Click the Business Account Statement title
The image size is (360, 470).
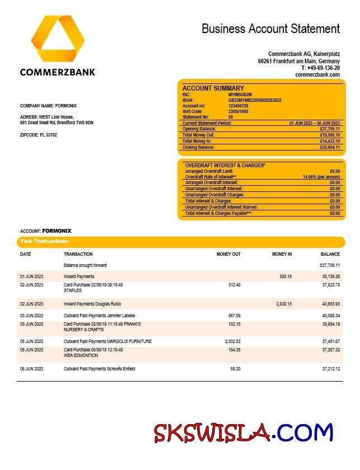click(x=270, y=29)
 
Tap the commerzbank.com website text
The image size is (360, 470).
click(x=317, y=74)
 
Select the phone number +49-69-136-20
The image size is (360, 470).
click(x=320, y=68)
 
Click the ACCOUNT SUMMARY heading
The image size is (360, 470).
click(x=213, y=88)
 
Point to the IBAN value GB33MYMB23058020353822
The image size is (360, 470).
click(x=255, y=100)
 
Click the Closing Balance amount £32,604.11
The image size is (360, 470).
click(x=330, y=147)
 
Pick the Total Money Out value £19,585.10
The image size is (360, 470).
click(x=330, y=135)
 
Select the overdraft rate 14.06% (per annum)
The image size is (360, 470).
click(x=321, y=177)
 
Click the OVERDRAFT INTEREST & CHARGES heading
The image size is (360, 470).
click(x=225, y=166)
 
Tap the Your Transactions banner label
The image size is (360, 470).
click(x=44, y=241)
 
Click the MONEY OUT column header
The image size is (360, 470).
click(x=228, y=254)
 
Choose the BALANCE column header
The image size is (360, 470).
click(x=330, y=254)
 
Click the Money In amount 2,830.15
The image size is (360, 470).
click(x=284, y=304)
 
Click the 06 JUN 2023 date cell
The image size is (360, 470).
click(x=31, y=369)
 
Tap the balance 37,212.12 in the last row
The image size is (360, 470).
click(x=330, y=369)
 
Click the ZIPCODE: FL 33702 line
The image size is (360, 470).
click(x=39, y=135)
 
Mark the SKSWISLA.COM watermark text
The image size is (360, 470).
click(x=244, y=433)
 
